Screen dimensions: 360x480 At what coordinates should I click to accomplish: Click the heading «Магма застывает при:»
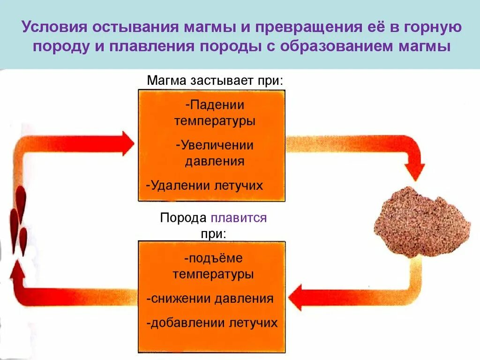215,81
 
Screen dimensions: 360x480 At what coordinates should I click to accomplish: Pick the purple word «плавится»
239,218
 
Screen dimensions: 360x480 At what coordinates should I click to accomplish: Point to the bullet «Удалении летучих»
204,186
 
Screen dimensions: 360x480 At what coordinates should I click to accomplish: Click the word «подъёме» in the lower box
214,258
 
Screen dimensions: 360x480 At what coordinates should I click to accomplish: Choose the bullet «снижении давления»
210,299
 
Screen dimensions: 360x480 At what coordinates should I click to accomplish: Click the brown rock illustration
422,222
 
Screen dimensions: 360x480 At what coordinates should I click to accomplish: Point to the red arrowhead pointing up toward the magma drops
18,271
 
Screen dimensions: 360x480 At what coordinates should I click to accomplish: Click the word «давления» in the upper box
215,162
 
